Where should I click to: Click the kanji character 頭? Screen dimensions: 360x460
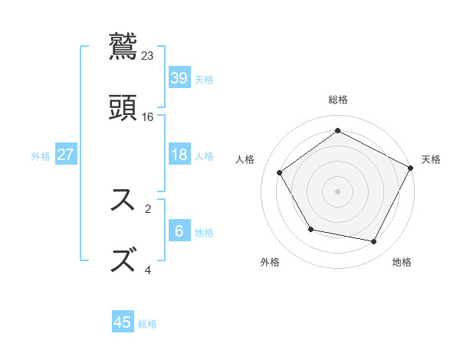click(x=123, y=108)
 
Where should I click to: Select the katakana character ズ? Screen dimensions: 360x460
click(x=123, y=260)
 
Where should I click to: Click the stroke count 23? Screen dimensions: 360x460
click(x=148, y=56)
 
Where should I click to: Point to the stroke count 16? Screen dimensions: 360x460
click(x=148, y=117)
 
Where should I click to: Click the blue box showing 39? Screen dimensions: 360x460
click(x=179, y=77)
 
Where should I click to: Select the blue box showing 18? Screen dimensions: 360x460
click(x=179, y=155)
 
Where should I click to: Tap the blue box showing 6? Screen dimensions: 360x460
click(x=179, y=231)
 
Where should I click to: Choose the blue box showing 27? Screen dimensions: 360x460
click(x=66, y=155)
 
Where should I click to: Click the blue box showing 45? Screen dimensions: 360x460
click(x=123, y=322)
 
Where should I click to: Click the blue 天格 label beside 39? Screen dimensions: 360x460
click(x=204, y=80)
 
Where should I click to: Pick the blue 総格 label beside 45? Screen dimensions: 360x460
click(x=147, y=325)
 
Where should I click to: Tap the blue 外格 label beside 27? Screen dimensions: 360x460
click(x=41, y=156)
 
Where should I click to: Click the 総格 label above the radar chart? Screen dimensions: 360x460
click(x=338, y=100)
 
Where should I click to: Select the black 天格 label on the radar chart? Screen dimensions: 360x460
click(x=431, y=159)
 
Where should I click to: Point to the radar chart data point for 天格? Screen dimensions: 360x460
click(x=411, y=167)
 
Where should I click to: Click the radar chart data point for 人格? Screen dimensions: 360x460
click(x=280, y=172)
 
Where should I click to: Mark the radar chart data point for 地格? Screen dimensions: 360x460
click(x=374, y=242)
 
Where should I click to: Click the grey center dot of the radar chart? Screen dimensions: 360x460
click(x=338, y=191)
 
